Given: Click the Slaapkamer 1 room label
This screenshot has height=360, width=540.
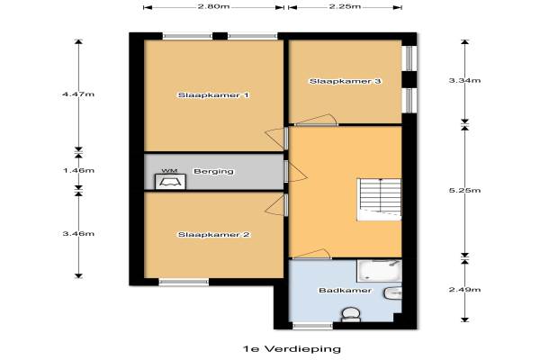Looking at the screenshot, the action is (213, 95).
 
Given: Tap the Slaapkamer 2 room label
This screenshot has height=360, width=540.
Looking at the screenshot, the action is (213, 235).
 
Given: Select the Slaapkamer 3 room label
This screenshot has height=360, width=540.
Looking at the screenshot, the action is (345, 81).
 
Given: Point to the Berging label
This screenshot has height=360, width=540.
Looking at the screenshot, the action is (213, 171).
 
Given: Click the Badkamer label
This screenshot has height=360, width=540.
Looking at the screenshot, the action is (345, 291).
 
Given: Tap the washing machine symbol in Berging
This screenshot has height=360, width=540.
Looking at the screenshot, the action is (170, 182).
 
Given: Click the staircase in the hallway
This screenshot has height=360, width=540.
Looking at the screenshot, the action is (379, 200).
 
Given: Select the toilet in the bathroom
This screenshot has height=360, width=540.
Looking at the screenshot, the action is (351, 315).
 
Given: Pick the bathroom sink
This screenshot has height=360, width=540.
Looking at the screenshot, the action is (393, 293).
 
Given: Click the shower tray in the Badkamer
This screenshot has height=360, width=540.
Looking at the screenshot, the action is (379, 271).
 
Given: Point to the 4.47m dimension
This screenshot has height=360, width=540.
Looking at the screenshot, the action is (78, 94).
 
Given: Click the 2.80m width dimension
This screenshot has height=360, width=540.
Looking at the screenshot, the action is (213, 7).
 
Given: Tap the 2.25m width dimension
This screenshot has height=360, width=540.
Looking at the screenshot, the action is (345, 7).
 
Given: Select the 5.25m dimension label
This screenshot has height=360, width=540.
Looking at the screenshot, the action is (465, 191).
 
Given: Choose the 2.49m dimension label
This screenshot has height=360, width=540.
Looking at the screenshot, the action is (465, 290).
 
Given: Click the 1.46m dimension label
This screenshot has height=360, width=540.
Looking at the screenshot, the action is (78, 170).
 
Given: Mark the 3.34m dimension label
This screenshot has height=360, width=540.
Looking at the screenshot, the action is (465, 81).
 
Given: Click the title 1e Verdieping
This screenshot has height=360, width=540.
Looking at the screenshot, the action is (292, 349).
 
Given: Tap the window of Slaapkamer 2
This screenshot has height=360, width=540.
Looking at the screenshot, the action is (184, 282).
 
